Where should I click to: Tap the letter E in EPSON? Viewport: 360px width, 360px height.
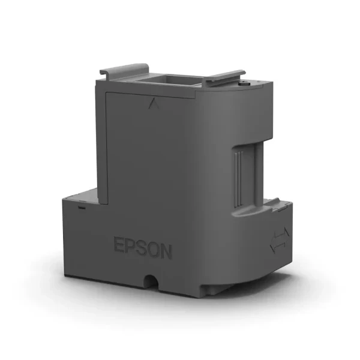pos(119,245)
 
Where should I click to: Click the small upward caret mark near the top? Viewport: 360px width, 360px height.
pos(150,104)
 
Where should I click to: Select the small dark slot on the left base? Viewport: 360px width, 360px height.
pos(80,206)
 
